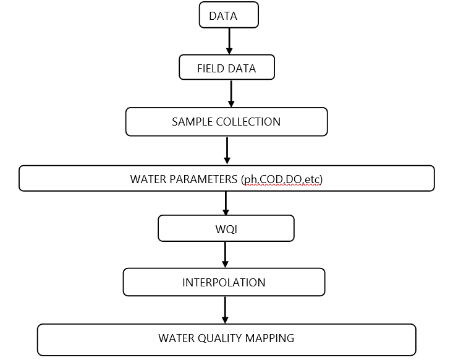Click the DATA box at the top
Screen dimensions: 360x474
pos(229,15)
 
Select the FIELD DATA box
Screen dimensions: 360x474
pos(226,68)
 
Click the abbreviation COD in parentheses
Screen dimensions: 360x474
pos(269,179)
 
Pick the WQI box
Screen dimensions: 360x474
pos(226,229)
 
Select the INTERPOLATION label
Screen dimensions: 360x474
pos(224,283)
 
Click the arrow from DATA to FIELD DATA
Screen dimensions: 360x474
pos(229,41)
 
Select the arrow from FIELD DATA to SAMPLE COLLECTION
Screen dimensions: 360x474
pos(231,93)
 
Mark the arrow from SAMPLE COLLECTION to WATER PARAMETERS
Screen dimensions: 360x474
pos(227,150)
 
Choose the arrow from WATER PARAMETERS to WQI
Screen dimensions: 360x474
pos(226,203)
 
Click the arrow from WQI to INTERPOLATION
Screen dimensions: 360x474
pos(225,254)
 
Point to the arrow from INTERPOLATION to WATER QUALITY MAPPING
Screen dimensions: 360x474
pos(225,310)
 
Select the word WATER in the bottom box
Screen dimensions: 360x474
pos(176,338)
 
